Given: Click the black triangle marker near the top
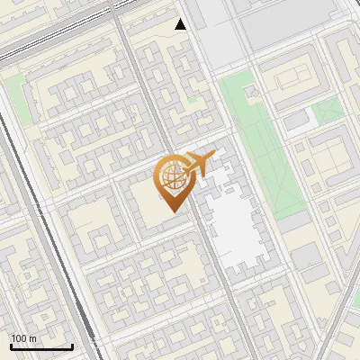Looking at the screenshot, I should [181, 24].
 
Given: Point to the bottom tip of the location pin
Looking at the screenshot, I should [171, 212].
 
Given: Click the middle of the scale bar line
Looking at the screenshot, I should [41, 346].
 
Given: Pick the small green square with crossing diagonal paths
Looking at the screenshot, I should [329, 109].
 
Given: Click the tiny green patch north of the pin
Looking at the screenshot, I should [193, 102].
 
